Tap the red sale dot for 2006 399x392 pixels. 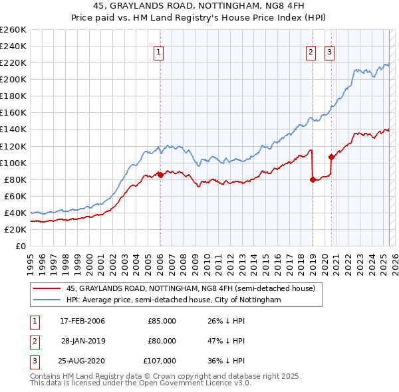coord(160,175)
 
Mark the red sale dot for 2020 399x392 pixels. coord(331,157)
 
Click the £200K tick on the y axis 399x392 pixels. coord(13,80)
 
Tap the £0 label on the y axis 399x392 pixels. coord(20,246)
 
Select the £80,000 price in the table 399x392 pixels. coord(162,341)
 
